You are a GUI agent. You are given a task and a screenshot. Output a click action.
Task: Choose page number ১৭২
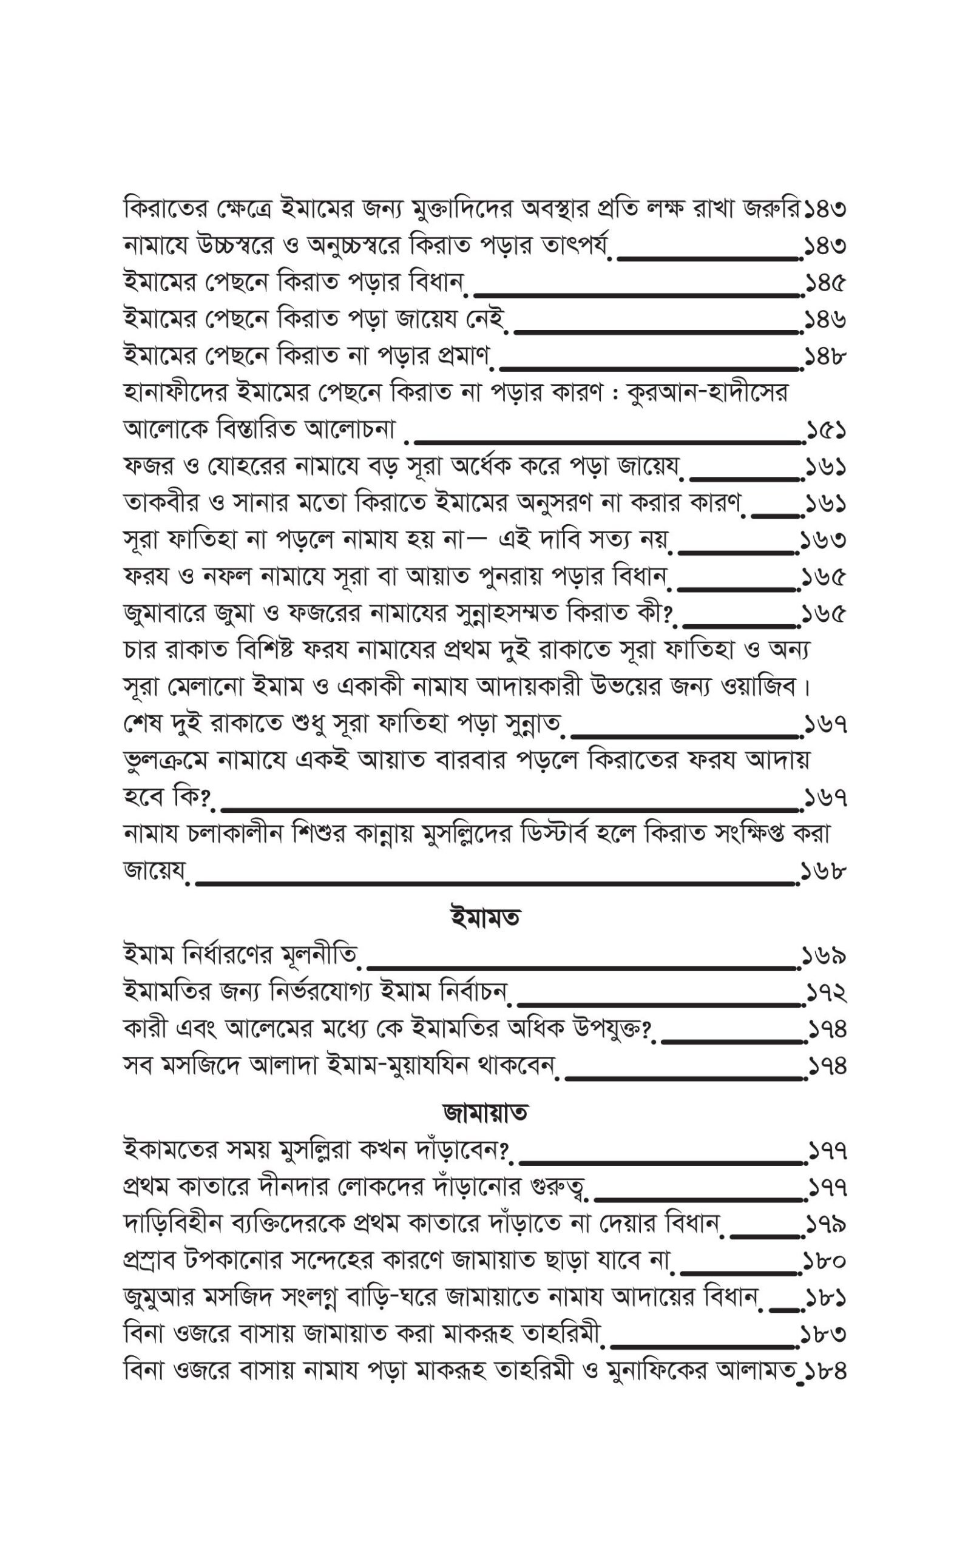point(826,992)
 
